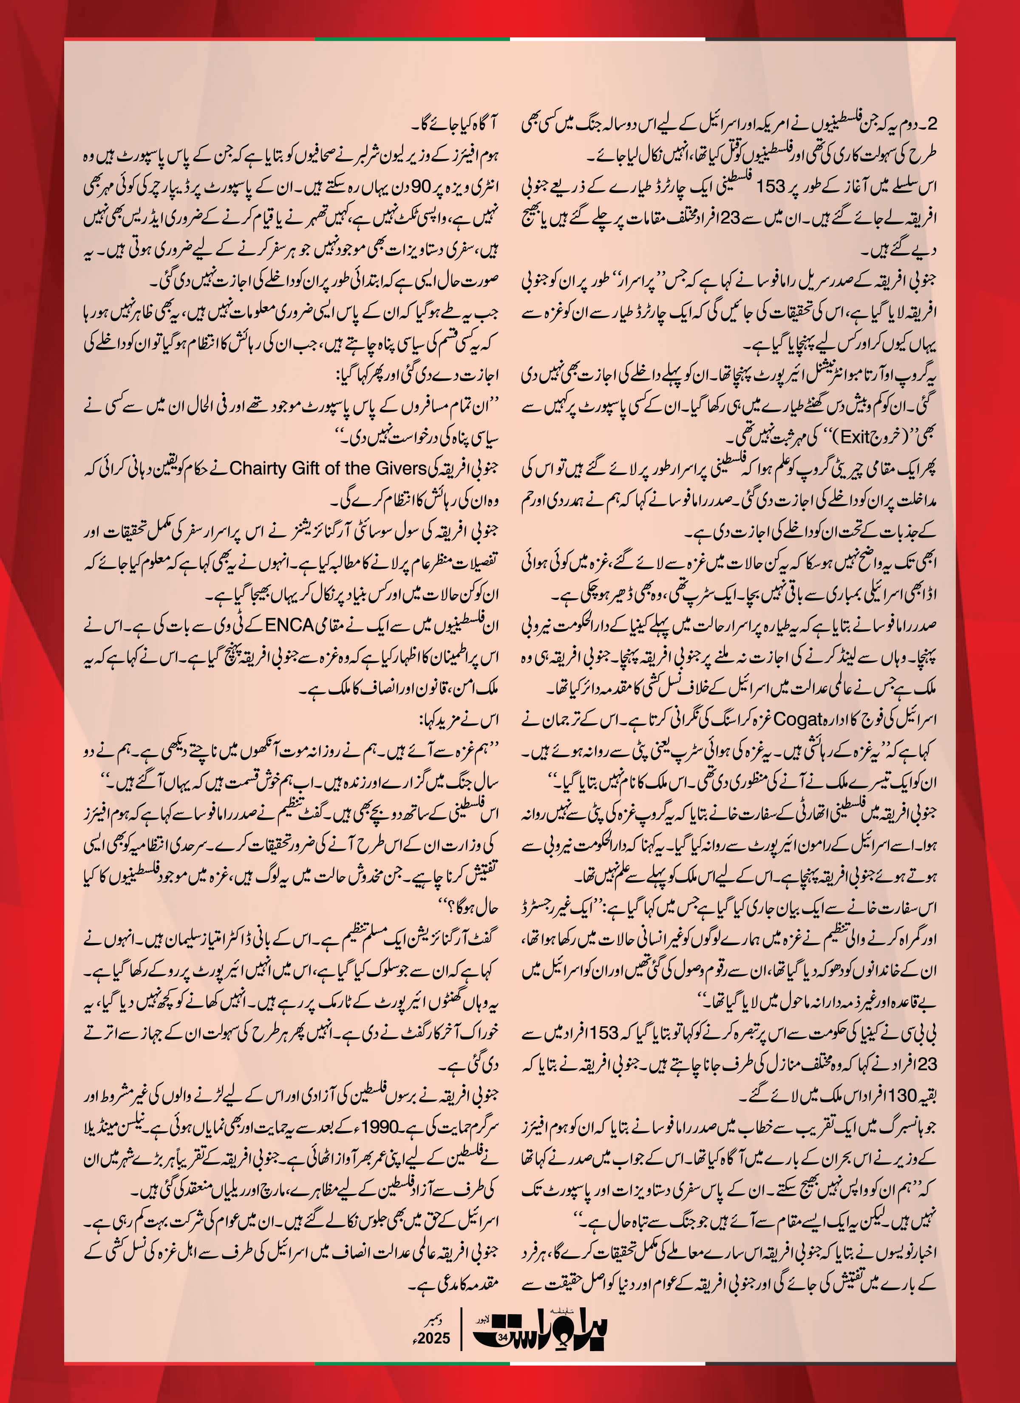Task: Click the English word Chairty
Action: click(x=257, y=468)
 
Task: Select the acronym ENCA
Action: click(x=289, y=625)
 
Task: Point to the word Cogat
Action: click(x=799, y=719)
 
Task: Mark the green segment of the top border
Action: click(x=412, y=39)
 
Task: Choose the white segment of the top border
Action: click(x=607, y=39)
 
